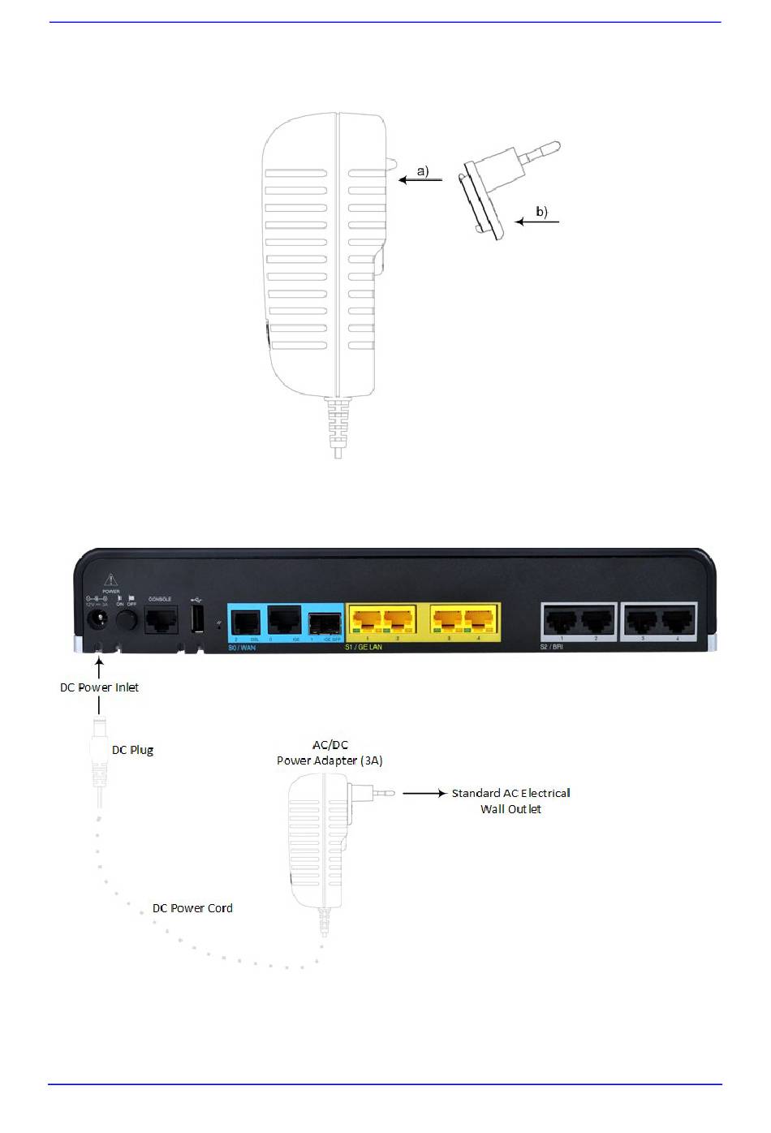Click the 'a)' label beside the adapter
[x=422, y=171]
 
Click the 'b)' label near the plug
[x=541, y=212]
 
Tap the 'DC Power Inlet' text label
[x=99, y=687]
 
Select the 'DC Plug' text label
[x=132, y=750]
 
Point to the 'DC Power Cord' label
[x=192, y=908]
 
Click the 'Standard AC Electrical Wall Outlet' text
[x=510, y=800]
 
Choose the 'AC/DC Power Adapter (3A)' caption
[x=330, y=752]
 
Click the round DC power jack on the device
[x=98, y=621]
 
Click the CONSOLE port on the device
[x=160, y=621]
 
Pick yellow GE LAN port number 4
[x=480, y=623]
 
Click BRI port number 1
[x=562, y=623]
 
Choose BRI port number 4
[x=678, y=623]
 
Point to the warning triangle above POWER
[x=110, y=580]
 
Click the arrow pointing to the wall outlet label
[x=424, y=794]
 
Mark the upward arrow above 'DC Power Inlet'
[x=99, y=667]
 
